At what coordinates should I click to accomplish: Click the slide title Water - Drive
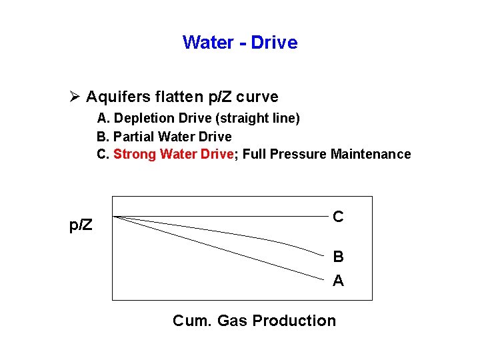[240, 43]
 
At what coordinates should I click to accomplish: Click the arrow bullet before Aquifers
[74, 97]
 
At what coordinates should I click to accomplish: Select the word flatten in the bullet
[177, 97]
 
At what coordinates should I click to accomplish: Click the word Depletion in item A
[142, 119]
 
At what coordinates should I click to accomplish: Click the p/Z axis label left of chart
[81, 226]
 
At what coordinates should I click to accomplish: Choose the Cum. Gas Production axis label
[254, 321]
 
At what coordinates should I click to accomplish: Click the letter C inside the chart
[338, 217]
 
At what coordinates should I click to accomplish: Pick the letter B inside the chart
[338, 257]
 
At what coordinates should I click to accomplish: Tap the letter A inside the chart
[338, 281]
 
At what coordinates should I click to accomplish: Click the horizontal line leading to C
[220, 216]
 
